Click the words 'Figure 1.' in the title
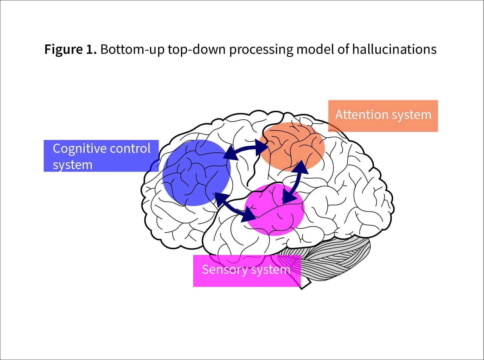coord(70,49)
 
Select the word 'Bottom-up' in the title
coord(132,49)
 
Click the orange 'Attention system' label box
coord(383,116)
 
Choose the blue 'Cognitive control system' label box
coord(101,156)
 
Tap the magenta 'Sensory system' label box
coord(247,270)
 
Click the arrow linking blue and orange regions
coord(246,150)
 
